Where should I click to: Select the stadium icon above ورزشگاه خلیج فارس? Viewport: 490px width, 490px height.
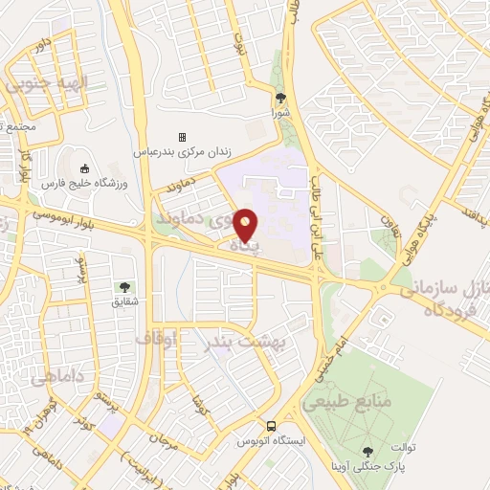[x=84, y=169]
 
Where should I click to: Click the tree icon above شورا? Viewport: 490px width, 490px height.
[x=280, y=98]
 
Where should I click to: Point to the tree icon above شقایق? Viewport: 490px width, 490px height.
[x=123, y=286]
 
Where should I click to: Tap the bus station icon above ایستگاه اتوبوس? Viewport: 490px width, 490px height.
[x=272, y=426]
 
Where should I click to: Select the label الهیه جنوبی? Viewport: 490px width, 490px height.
[x=46, y=84]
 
